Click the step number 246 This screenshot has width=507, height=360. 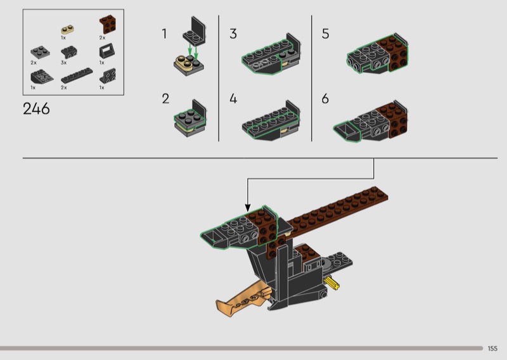click(36, 108)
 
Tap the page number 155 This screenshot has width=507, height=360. click(492, 349)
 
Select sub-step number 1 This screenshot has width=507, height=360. click(164, 34)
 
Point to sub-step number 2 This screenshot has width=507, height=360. click(165, 99)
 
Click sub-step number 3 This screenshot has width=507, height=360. click(233, 34)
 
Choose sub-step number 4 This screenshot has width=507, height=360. click(233, 99)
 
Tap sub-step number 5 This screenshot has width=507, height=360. click(325, 34)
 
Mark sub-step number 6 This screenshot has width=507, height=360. click(325, 99)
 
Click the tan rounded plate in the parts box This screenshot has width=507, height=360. click(67, 29)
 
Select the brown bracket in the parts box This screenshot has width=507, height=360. click(108, 24)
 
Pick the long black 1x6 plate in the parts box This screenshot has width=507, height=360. click(77, 75)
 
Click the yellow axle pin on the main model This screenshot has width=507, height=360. click(331, 283)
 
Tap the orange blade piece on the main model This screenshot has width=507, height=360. click(243, 298)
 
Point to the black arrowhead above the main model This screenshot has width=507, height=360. click(248, 208)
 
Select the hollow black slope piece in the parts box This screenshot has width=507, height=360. click(106, 51)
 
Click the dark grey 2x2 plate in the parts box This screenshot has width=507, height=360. click(40, 53)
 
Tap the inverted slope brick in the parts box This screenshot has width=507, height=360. click(42, 76)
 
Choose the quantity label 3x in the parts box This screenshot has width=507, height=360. click(64, 63)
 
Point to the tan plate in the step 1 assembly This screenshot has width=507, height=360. click(184, 62)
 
